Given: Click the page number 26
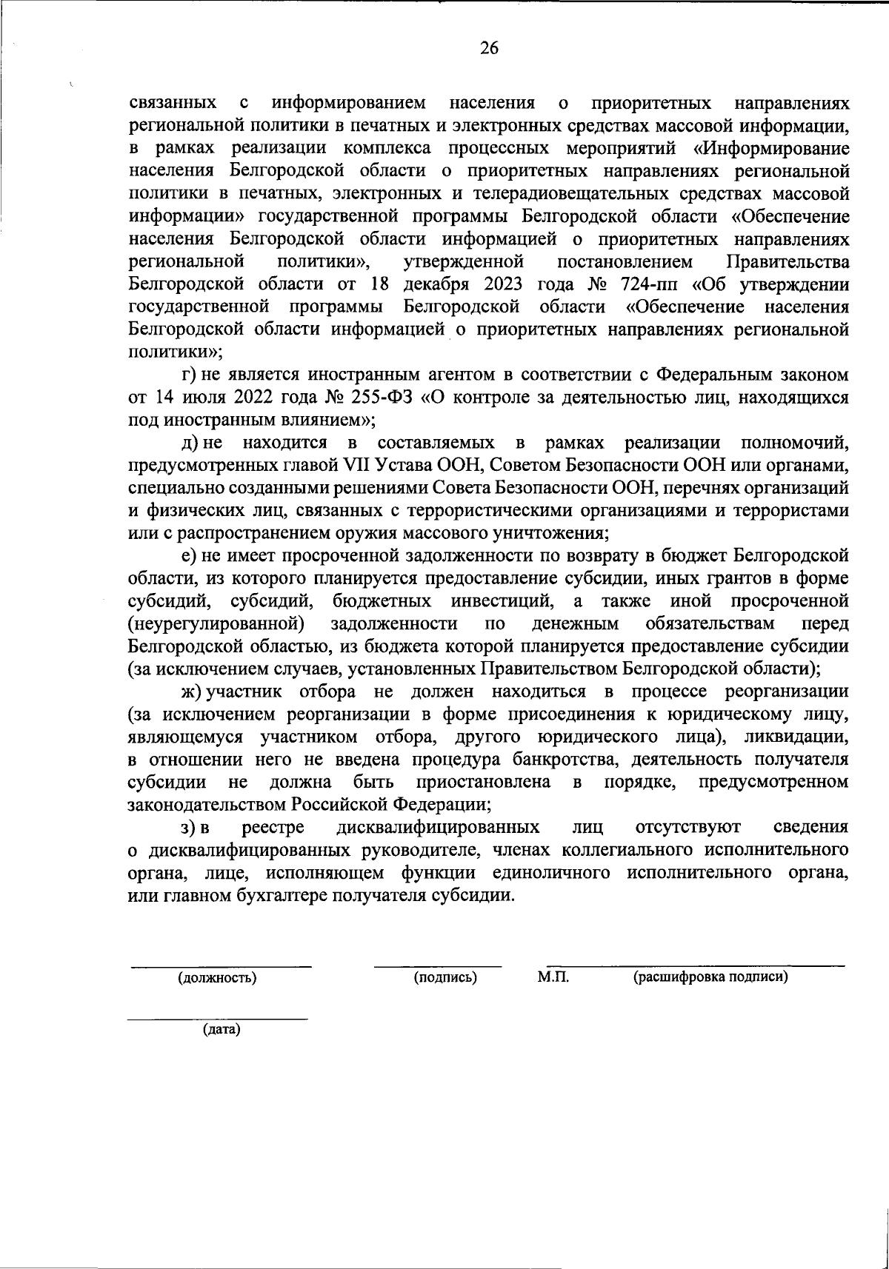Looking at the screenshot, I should pos(490,49).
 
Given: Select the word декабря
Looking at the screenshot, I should pos(437,284).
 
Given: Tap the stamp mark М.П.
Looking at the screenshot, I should pos(553,977).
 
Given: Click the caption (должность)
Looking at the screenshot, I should pos(217,977).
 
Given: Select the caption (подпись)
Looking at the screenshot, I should pos(444,977).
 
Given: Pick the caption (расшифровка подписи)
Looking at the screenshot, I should pos(710,977).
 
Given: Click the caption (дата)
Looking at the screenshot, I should pos(222,1029).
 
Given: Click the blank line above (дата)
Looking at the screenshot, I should pos(218,1019).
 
